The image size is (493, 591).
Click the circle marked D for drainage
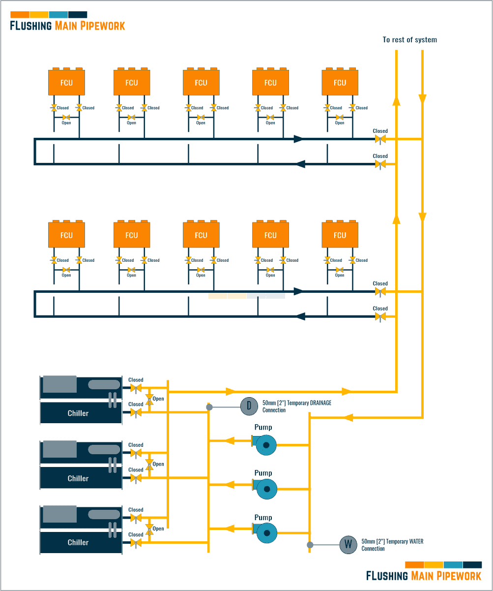click(x=249, y=406)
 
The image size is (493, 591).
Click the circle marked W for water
click(x=348, y=545)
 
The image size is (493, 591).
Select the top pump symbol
click(x=265, y=445)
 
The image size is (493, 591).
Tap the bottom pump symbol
click(x=265, y=533)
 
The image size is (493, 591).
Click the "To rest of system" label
click(x=409, y=40)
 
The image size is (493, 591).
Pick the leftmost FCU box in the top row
click(x=66, y=82)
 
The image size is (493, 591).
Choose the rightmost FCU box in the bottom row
click(x=340, y=235)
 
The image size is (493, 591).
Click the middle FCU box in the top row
click(x=201, y=82)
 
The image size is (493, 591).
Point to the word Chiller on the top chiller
click(x=78, y=413)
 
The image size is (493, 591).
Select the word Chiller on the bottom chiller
click(x=78, y=542)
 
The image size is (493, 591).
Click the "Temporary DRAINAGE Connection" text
click(x=296, y=406)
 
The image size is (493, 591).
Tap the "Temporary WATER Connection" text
click(x=392, y=545)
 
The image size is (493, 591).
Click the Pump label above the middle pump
click(x=263, y=473)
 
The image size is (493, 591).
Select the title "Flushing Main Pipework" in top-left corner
click(x=67, y=26)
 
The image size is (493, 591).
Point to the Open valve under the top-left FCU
click(x=66, y=118)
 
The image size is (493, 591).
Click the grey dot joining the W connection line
click(x=310, y=545)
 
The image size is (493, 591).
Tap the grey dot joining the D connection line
click(x=209, y=407)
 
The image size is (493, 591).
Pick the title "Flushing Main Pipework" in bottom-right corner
click(x=424, y=575)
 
